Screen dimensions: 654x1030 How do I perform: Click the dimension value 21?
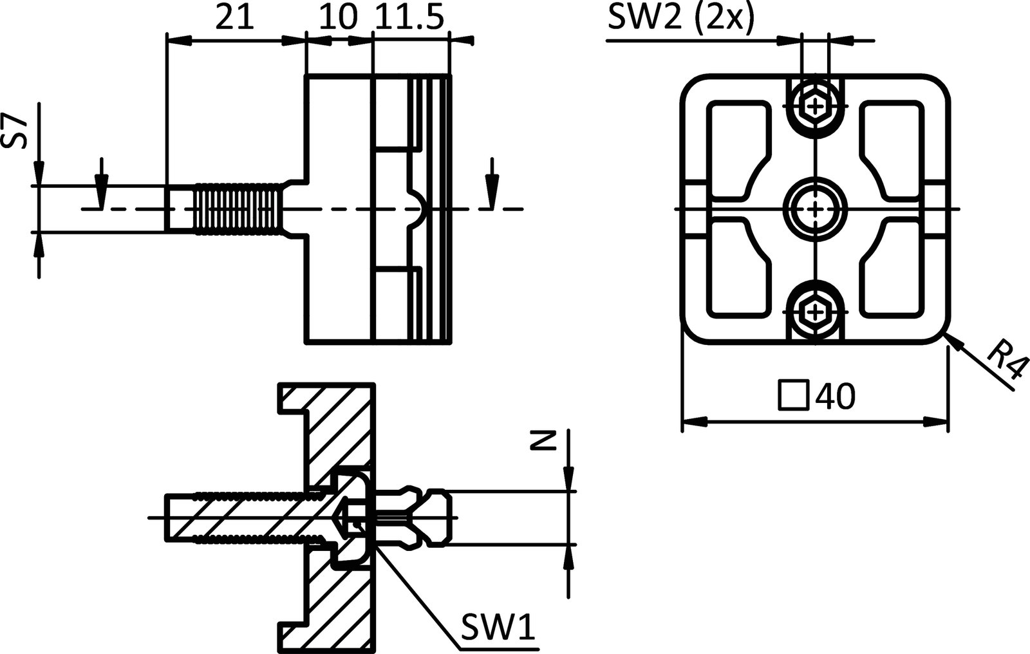click(x=234, y=19)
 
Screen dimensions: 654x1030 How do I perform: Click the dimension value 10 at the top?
click(x=337, y=19)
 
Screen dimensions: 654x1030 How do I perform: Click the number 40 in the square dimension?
click(x=835, y=397)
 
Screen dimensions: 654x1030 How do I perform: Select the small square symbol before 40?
click(x=794, y=395)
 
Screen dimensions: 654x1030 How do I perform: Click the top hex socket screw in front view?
click(x=816, y=105)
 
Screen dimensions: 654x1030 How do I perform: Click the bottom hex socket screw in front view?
click(x=816, y=313)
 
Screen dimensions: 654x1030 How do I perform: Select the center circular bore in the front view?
click(x=816, y=209)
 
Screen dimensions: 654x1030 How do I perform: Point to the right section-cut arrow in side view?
click(x=492, y=183)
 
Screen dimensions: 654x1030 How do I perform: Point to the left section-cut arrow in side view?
click(x=100, y=183)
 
